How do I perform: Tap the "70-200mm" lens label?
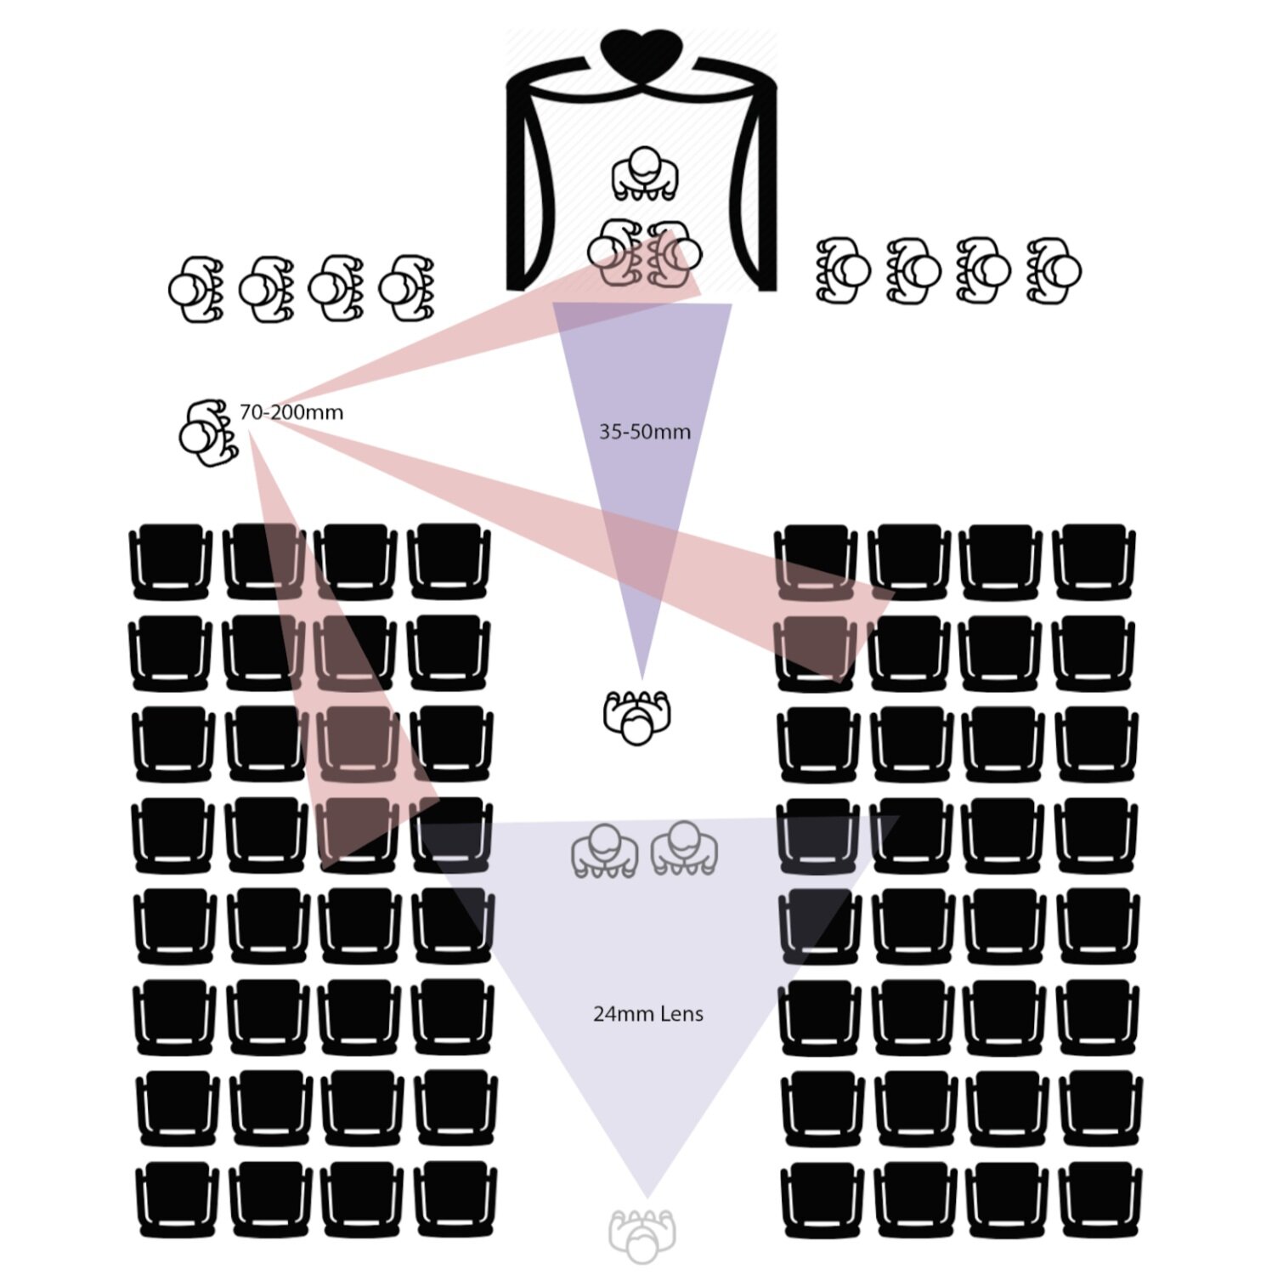291,412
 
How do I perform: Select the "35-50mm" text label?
645,432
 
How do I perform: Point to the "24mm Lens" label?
648,1013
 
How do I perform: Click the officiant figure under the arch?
645,174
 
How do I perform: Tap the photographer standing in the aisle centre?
636,717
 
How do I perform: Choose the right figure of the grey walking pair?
684,848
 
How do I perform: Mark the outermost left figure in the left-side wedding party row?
196,289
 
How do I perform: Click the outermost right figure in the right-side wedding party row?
1054,270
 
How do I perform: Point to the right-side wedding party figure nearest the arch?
843,270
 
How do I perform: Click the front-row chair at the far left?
171,562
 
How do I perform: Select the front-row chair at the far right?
1094,562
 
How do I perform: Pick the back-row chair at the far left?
178,1199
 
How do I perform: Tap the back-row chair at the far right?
1100,1199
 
